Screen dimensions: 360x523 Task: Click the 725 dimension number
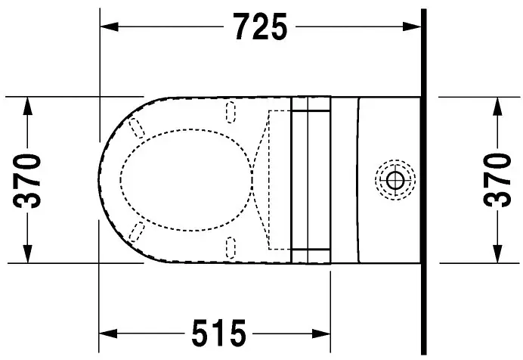click(x=260, y=27)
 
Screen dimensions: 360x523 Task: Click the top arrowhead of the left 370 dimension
click(x=28, y=104)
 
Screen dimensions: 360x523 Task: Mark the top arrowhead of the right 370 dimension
click(x=497, y=104)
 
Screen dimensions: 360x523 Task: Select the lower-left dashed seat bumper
click(x=138, y=232)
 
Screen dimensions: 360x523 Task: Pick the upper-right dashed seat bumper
click(x=231, y=112)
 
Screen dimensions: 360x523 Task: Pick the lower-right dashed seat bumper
click(x=231, y=247)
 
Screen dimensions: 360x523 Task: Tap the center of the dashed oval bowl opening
click(x=185, y=179)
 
